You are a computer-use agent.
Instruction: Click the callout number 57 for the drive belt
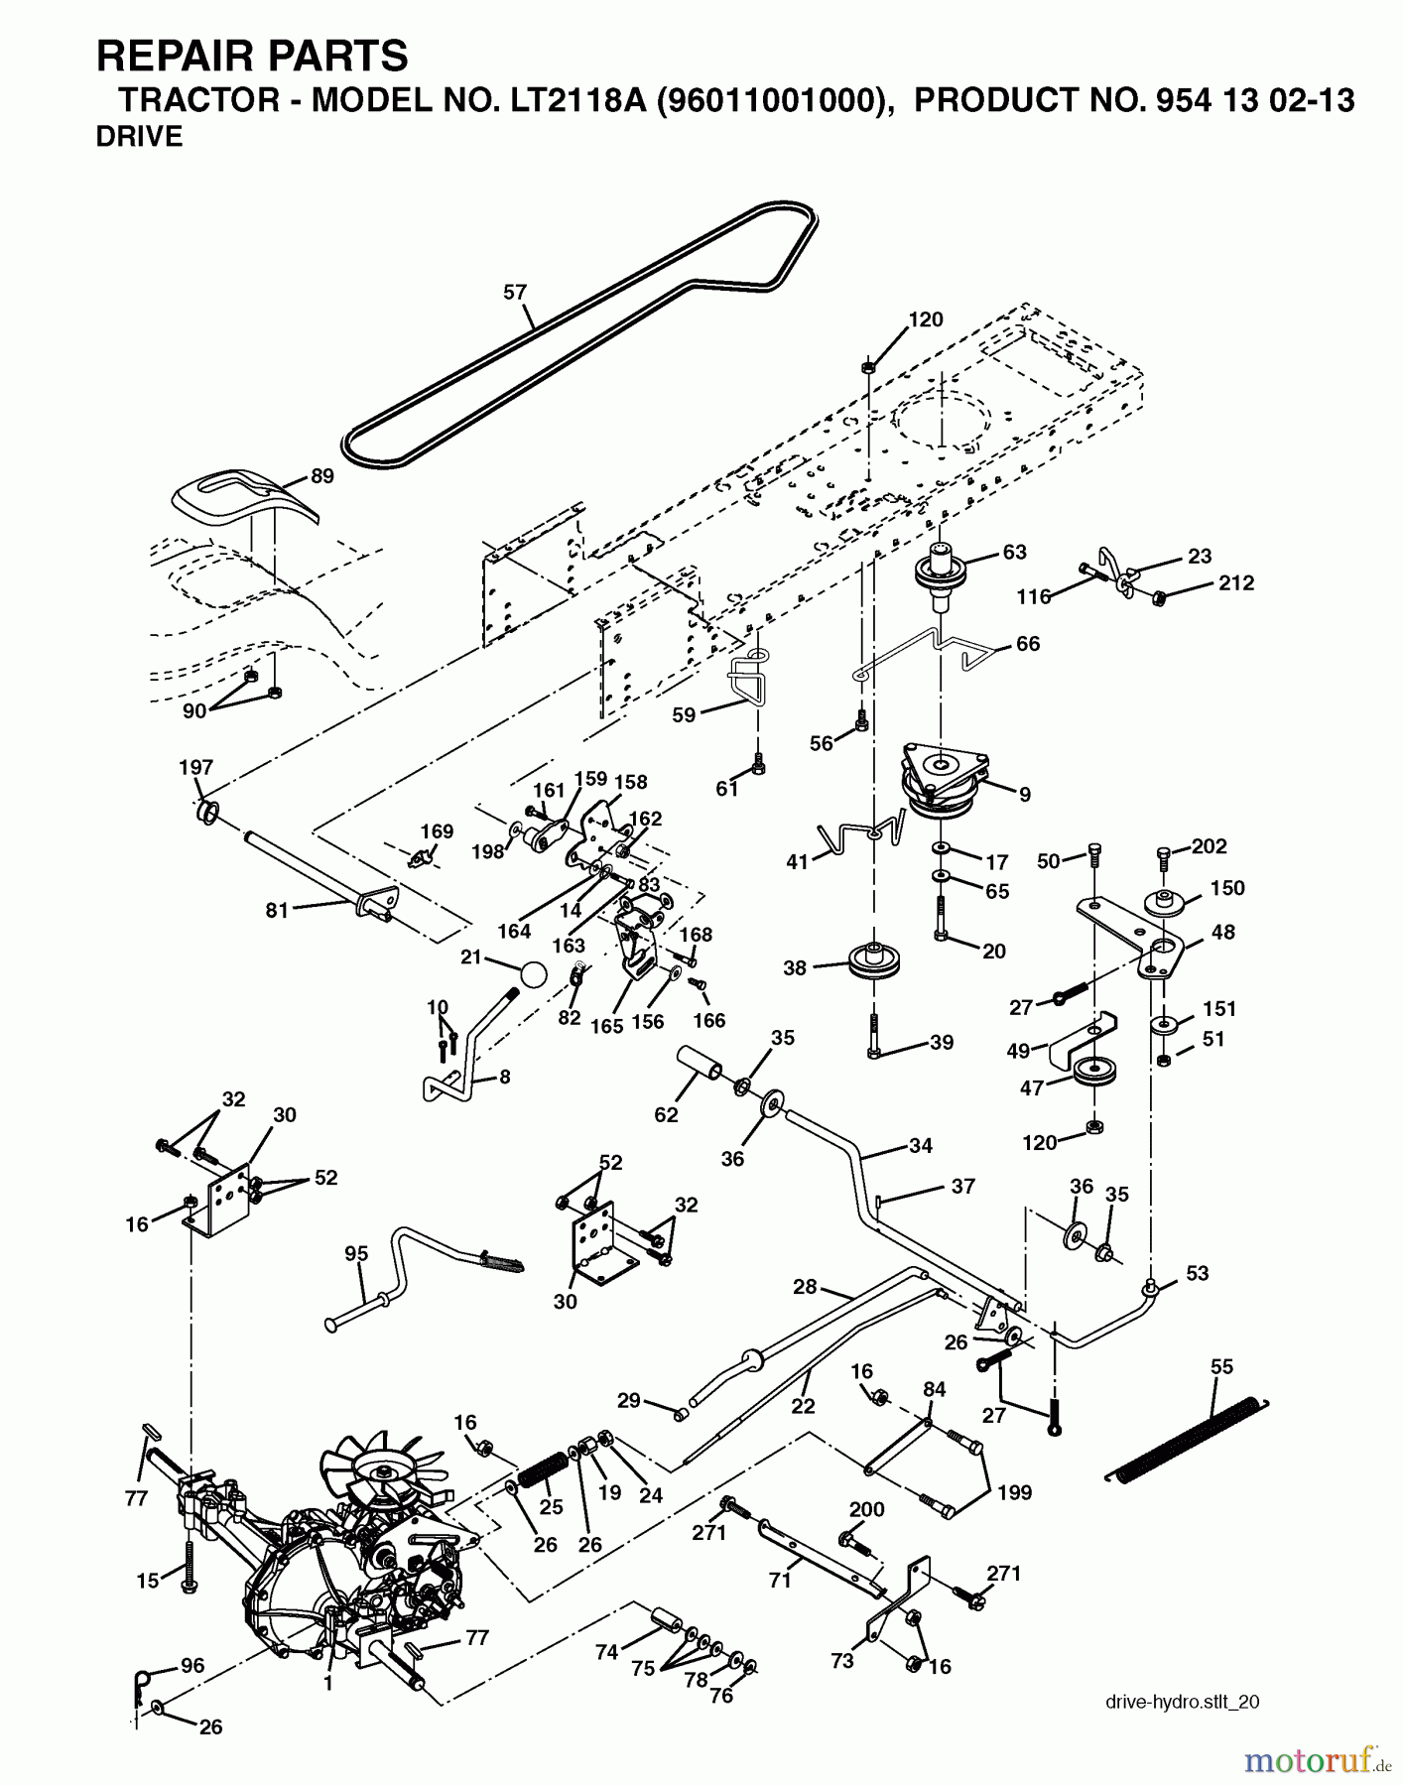(x=515, y=292)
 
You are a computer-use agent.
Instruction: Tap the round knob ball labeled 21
(x=533, y=973)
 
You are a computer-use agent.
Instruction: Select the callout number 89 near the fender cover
(x=321, y=475)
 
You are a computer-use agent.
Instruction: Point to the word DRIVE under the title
(x=139, y=138)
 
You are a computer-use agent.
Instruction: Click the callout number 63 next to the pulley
(x=1014, y=552)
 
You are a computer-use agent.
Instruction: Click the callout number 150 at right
(x=1227, y=888)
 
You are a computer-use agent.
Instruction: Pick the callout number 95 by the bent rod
(x=356, y=1253)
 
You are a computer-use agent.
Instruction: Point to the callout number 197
(x=195, y=767)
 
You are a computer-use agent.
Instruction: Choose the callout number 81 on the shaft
(x=277, y=909)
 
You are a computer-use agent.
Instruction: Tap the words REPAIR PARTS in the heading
(x=252, y=56)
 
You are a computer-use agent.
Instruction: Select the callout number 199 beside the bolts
(x=1015, y=1491)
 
